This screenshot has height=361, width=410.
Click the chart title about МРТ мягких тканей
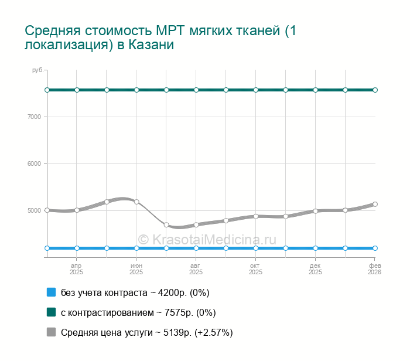coord(160,37)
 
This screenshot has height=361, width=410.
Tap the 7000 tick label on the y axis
coord(33,117)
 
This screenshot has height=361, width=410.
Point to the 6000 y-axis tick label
coord(33,164)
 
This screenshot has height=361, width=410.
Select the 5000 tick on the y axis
coord(33,210)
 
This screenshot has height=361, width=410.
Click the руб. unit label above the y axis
coord(37,70)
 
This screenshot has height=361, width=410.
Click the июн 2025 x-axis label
coord(136,269)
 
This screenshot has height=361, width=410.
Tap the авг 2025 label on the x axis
coord(196,269)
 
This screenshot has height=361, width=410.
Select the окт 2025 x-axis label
coord(256,269)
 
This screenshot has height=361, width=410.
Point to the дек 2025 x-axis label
coord(316,269)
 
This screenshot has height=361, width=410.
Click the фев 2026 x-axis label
coord(374,269)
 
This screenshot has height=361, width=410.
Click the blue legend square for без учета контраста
coord(51,292)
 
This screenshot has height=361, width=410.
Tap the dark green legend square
coord(51,312)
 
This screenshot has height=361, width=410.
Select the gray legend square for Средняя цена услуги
coord(51,332)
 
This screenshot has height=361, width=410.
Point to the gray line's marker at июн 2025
coord(136,202)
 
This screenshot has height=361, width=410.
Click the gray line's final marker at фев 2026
coord(375,204)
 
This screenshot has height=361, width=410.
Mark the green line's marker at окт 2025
coord(256,90)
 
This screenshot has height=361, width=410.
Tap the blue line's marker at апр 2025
coord(77,248)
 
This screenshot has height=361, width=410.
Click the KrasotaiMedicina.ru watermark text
coord(207,239)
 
